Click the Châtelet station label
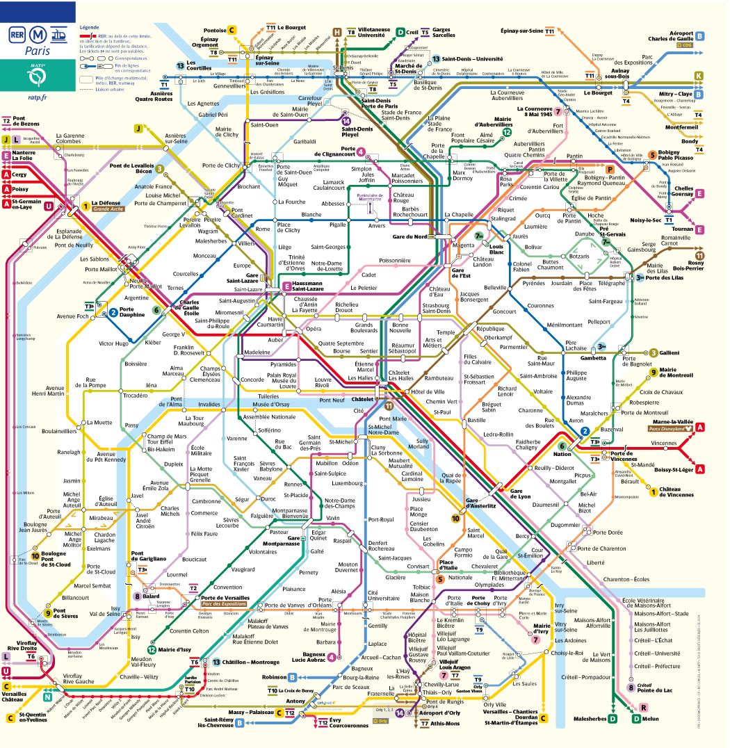[362, 400]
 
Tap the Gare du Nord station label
[411, 237]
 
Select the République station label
[490, 328]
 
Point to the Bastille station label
[476, 421]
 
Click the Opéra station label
[314, 328]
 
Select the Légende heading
[90, 27]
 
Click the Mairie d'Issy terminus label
[175, 649]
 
